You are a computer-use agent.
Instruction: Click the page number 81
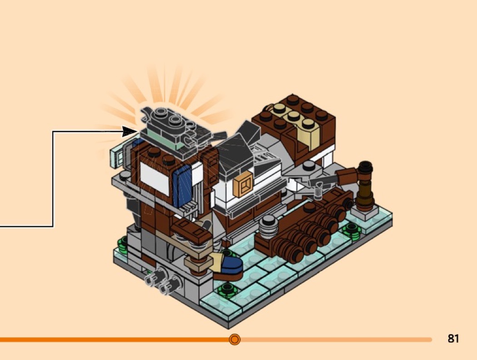453,339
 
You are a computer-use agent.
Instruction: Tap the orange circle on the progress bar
234,339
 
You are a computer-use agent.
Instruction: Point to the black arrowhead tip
135,131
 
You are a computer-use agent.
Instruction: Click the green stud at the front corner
225,289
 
